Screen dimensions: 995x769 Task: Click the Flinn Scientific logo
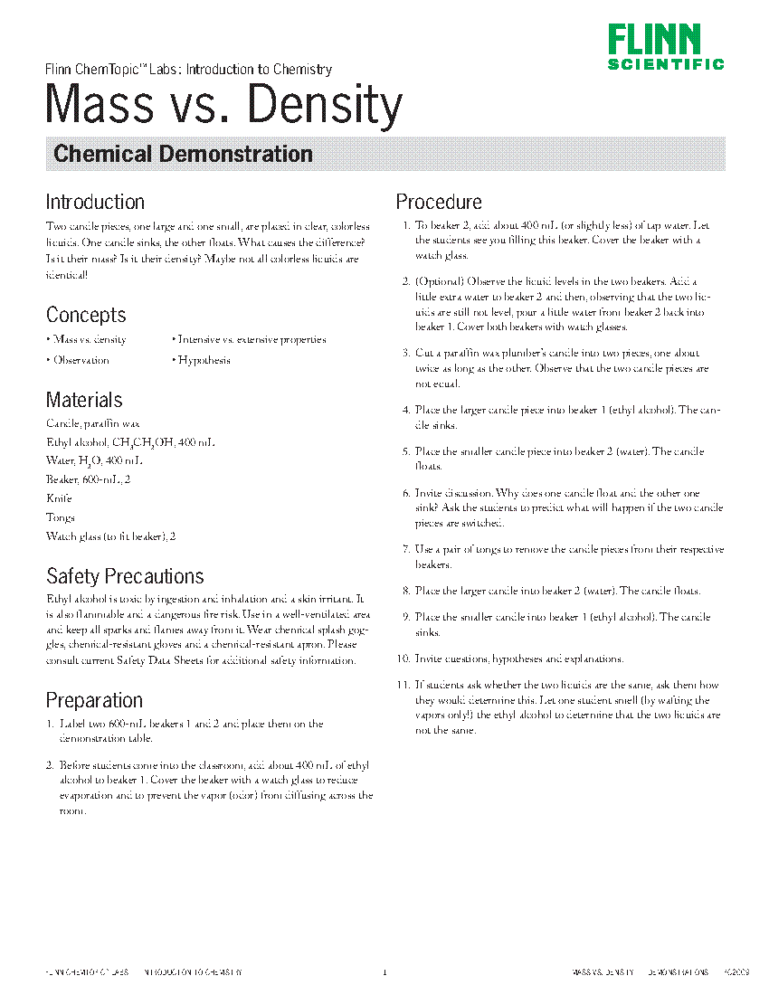(x=665, y=47)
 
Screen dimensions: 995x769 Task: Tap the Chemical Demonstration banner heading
(x=183, y=154)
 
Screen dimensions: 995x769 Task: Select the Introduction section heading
(x=95, y=202)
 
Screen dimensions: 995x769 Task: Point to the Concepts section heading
(x=86, y=315)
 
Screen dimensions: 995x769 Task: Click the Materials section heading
(x=84, y=400)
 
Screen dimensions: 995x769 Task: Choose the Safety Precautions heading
(x=125, y=576)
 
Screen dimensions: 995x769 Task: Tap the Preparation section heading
(x=94, y=700)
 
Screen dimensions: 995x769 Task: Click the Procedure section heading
(x=439, y=202)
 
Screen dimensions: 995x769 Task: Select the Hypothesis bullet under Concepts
(x=203, y=360)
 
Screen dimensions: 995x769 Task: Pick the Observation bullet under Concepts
(x=80, y=360)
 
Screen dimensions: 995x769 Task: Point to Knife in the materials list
(x=59, y=498)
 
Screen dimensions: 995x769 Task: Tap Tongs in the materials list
(x=61, y=517)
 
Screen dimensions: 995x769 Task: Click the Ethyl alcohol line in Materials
(x=130, y=442)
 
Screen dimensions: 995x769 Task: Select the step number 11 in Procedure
(x=403, y=685)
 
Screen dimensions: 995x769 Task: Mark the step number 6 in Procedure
(x=406, y=493)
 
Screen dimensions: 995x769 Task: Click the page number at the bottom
(x=384, y=972)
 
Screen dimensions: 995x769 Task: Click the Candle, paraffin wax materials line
(x=92, y=422)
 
